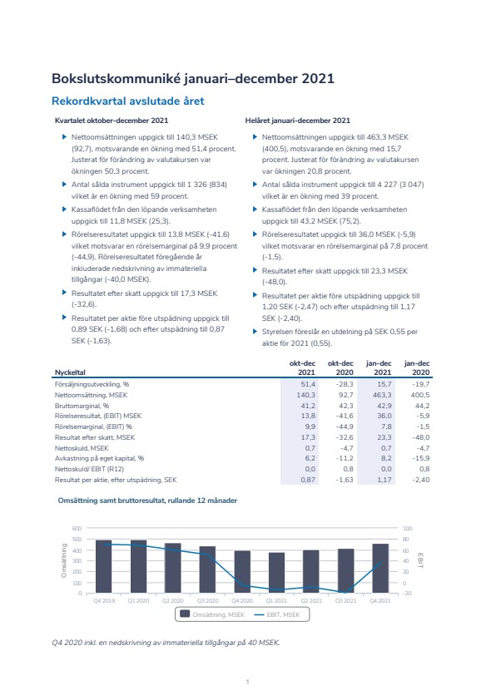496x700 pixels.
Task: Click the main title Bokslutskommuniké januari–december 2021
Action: [193, 79]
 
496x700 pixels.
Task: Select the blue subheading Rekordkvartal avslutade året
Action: [128, 101]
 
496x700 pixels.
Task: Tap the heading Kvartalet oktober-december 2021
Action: [112, 121]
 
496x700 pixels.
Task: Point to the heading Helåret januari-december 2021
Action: [298, 121]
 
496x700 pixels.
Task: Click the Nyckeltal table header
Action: [70, 372]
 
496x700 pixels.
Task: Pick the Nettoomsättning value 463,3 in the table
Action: [383, 395]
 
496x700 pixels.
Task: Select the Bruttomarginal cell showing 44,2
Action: [422, 406]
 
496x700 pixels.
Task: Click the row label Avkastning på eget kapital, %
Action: [99, 458]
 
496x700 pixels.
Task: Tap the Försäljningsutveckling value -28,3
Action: [345, 384]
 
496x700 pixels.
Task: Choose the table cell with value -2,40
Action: [421, 480]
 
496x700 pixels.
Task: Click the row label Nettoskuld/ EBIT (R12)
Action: [89, 469]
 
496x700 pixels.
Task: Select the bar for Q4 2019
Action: [104, 567]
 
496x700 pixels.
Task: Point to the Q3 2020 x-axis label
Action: [208, 601]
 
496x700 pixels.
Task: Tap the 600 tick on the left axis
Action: [77, 529]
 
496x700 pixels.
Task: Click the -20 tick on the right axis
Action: [407, 594]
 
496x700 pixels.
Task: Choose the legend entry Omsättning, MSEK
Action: [212, 614]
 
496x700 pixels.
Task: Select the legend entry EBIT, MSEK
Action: [277, 614]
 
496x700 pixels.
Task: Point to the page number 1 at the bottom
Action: [247, 682]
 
